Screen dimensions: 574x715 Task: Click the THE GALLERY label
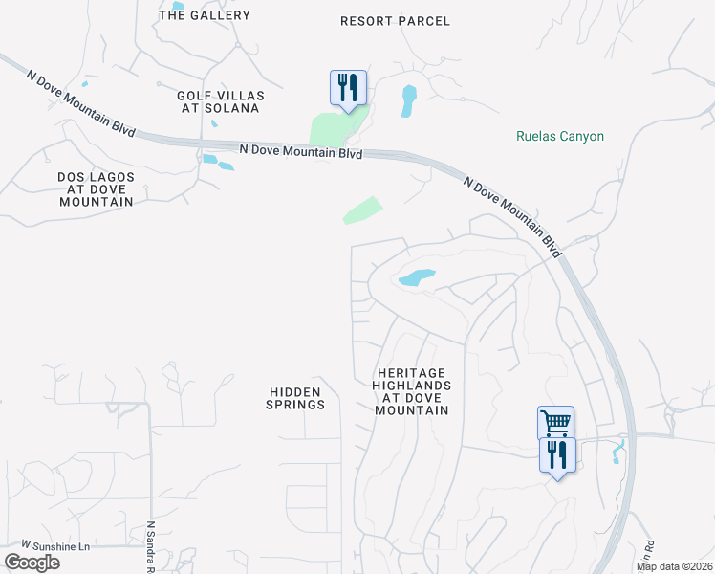point(205,15)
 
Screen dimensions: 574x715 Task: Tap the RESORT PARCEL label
point(395,21)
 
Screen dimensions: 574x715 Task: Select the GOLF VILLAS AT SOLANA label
point(219,101)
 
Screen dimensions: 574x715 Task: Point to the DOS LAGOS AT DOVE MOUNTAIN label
point(96,189)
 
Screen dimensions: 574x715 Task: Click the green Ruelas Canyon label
point(560,137)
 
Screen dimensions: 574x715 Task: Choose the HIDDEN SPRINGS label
point(297,398)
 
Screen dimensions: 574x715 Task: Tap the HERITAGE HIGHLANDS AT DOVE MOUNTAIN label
point(411,391)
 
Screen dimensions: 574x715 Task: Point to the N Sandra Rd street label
point(151,548)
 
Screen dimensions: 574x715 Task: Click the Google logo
point(32,563)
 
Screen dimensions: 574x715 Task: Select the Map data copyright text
point(675,566)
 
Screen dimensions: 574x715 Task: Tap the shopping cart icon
point(555,421)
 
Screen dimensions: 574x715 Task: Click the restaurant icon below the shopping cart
point(557,454)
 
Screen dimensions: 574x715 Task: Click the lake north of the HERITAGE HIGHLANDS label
point(417,278)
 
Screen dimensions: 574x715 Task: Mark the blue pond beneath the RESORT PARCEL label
point(409,99)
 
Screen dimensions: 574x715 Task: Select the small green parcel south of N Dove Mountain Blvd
point(362,210)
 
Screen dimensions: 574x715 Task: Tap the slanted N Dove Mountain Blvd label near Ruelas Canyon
point(511,215)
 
